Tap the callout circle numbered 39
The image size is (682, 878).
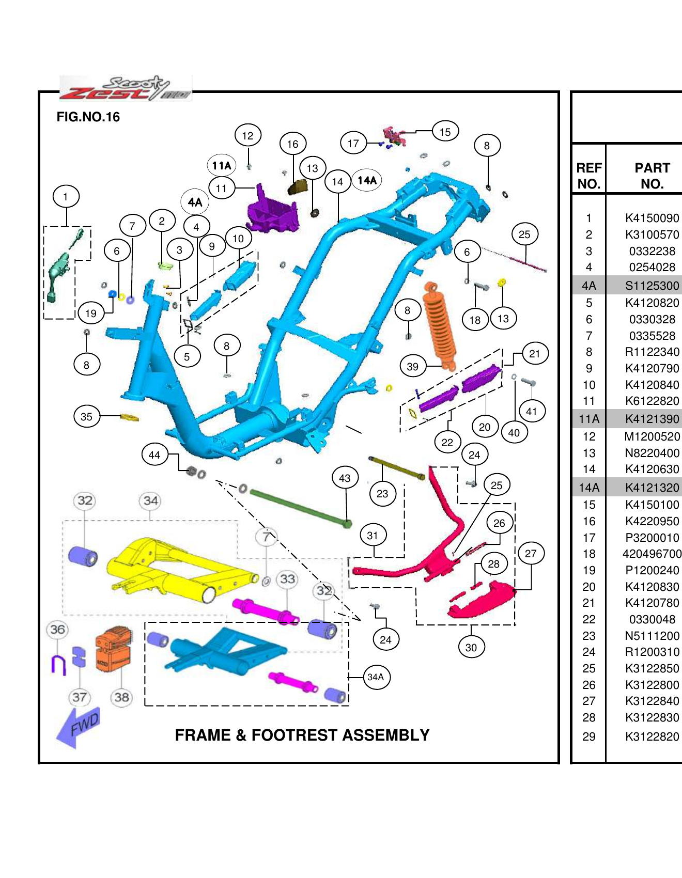(x=412, y=367)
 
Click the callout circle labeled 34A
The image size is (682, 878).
(x=376, y=677)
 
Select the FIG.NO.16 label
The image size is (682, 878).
(x=88, y=117)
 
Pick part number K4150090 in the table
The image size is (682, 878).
(x=652, y=218)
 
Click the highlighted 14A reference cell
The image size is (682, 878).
(x=588, y=488)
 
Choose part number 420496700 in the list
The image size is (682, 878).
(x=652, y=554)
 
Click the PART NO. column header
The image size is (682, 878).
(x=652, y=176)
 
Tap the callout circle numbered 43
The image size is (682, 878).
(x=345, y=478)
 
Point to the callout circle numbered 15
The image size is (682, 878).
(x=445, y=132)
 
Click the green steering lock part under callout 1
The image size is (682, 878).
(x=59, y=271)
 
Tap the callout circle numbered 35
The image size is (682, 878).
(x=86, y=416)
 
